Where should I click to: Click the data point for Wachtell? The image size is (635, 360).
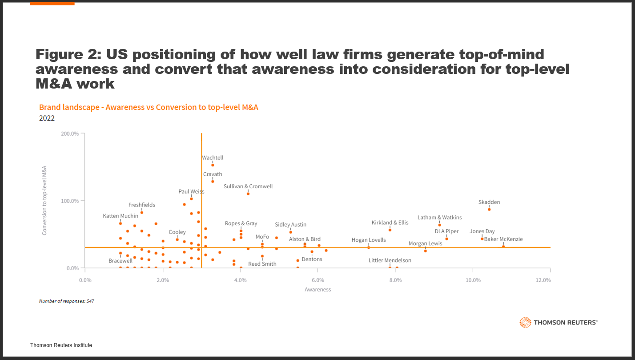(213, 165)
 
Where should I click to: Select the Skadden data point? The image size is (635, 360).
(489, 209)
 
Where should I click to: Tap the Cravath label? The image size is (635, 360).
(213, 174)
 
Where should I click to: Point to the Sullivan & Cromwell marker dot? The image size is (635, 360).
(248, 194)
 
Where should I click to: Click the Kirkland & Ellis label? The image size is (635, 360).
(390, 222)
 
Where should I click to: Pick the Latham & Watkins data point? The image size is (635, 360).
(440, 225)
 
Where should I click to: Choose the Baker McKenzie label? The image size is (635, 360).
(503, 239)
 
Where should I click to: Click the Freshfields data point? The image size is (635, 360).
(142, 212)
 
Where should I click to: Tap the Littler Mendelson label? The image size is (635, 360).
(390, 260)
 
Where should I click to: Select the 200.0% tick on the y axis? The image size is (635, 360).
(69, 133)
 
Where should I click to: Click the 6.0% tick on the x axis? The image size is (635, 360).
(317, 280)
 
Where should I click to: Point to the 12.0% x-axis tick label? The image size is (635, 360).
(543, 280)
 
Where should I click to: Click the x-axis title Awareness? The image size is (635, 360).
(317, 290)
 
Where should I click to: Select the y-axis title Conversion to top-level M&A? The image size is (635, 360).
(44, 200)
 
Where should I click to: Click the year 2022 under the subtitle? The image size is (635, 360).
(47, 118)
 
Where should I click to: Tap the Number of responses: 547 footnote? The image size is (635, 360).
(66, 301)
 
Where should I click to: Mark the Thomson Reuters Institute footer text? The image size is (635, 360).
(61, 345)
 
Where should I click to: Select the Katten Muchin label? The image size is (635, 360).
(120, 216)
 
